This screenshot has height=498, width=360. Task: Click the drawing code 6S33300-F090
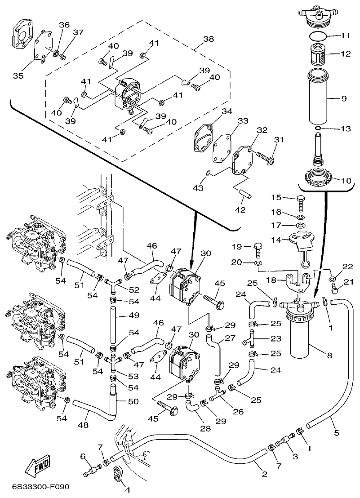pyautogui.click(x=38, y=487)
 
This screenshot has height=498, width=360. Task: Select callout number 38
pyautogui.click(x=209, y=39)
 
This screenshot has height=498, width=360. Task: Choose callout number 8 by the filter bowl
pyautogui.click(x=329, y=356)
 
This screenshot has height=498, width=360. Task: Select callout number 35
pyautogui.click(x=18, y=76)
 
